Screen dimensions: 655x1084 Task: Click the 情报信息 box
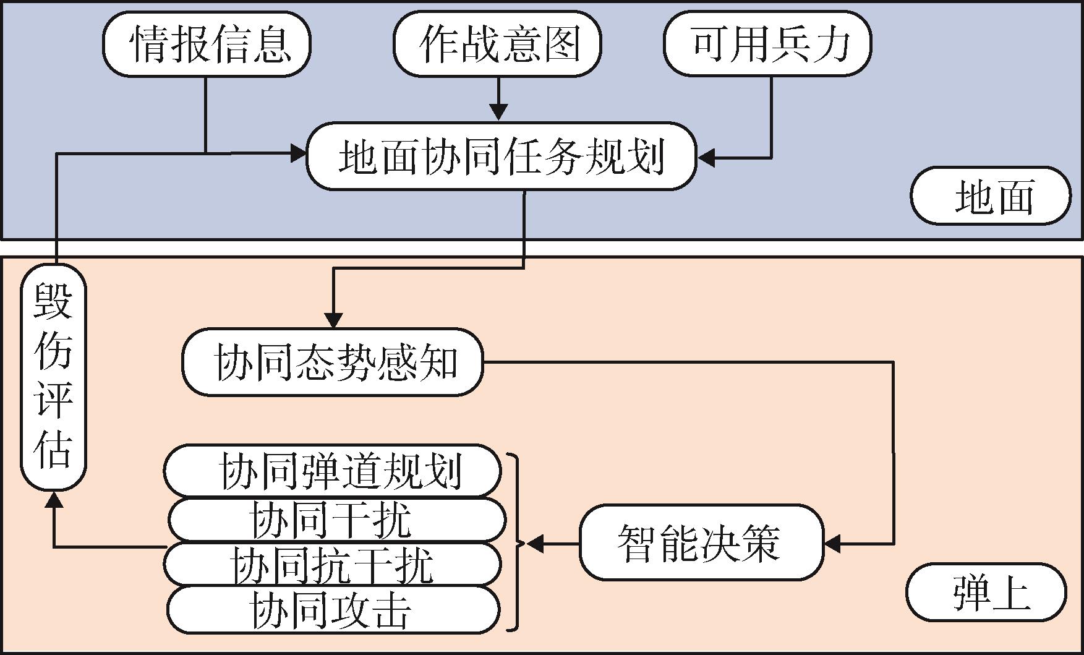pyautogui.click(x=207, y=45)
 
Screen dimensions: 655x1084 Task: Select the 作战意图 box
pyautogui.click(x=497, y=45)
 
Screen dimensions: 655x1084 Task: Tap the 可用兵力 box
pyautogui.click(x=767, y=45)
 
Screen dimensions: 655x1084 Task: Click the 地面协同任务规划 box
pyautogui.click(x=501, y=156)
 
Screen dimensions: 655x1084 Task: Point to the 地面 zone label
pyautogui.click(x=991, y=196)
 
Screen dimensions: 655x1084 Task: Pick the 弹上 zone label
pyautogui.click(x=986, y=592)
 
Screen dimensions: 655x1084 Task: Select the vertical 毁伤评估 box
pyautogui.click(x=53, y=377)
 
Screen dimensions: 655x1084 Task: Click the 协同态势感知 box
pyautogui.click(x=333, y=362)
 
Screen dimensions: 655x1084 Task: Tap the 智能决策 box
pyautogui.click(x=701, y=542)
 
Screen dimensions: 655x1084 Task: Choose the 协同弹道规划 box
pyautogui.click(x=333, y=471)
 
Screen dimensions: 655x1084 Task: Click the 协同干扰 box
pyautogui.click(x=337, y=520)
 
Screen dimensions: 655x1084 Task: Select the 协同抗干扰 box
pyautogui.click(x=333, y=564)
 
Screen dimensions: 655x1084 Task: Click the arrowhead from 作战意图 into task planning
pyautogui.click(x=498, y=113)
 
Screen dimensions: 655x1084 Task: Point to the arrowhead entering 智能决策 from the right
pyautogui.click(x=833, y=544)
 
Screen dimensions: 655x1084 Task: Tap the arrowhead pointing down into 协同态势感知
pyautogui.click(x=334, y=321)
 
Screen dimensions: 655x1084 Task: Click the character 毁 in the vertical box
pyautogui.click(x=53, y=301)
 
